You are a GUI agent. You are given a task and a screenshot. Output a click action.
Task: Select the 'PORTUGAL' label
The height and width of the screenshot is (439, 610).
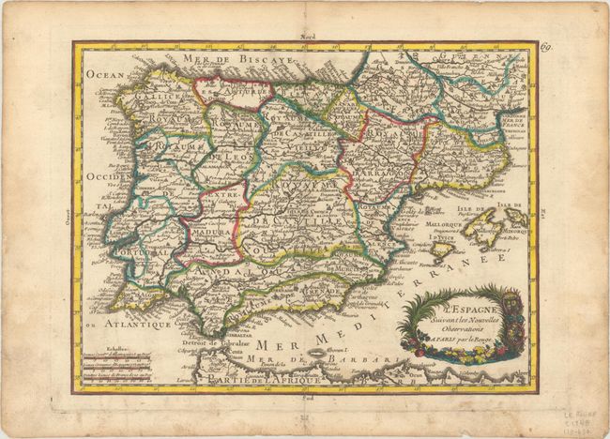click(137, 253)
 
